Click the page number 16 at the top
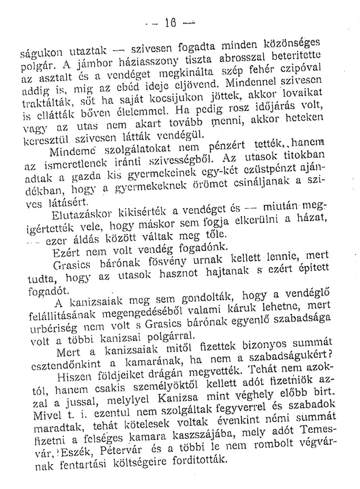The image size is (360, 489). tap(188, 23)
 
